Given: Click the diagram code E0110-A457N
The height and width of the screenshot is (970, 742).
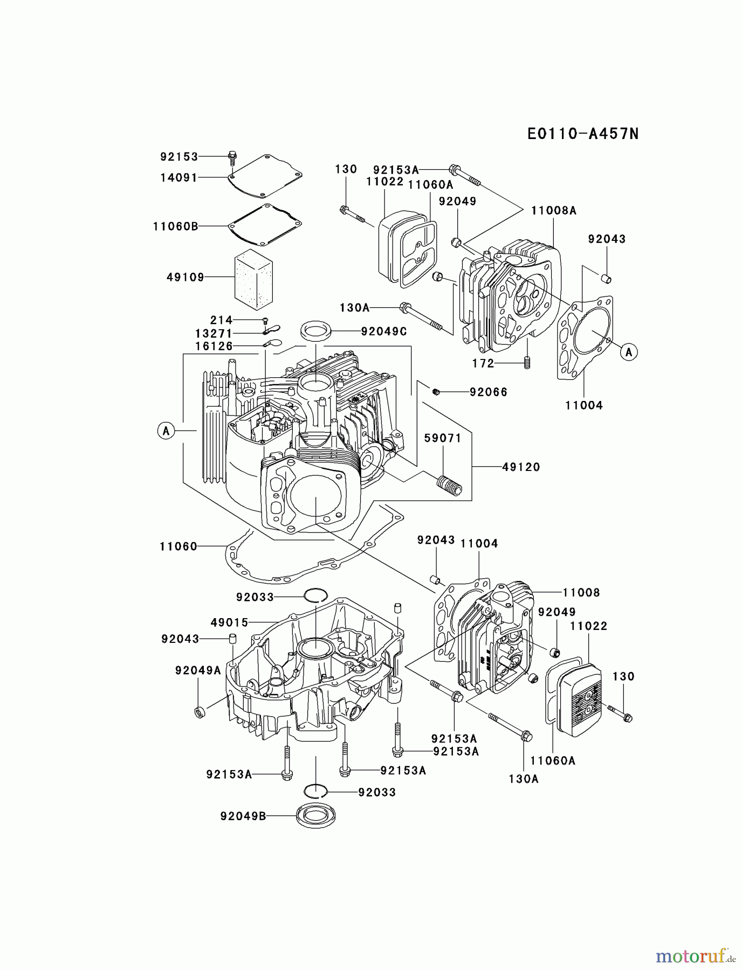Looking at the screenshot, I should click(583, 134).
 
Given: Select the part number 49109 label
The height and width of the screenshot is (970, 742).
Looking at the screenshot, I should click(185, 278).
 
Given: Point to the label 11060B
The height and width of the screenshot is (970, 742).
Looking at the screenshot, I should click(175, 226).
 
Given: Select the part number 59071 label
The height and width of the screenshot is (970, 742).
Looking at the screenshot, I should click(443, 439).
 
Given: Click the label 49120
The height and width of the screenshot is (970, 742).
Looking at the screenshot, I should click(521, 467).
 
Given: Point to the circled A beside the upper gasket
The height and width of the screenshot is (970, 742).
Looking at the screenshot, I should click(628, 352).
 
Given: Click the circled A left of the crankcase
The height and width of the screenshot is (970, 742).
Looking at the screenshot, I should click(166, 431).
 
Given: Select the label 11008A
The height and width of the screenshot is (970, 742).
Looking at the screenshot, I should click(554, 211).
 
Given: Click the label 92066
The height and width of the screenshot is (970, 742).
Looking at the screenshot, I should click(489, 392).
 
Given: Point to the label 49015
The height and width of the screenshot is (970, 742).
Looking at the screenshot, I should click(230, 623).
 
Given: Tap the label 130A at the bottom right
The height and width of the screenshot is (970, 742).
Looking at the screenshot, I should click(524, 779).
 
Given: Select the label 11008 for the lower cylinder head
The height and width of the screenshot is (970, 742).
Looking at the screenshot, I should click(581, 593).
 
